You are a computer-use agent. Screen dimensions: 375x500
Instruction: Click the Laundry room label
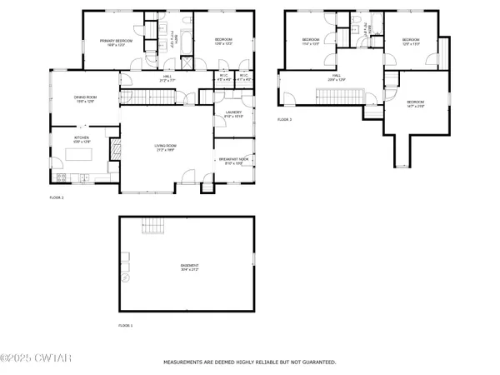tap(234, 116)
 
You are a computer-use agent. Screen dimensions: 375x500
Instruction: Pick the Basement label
tap(189, 268)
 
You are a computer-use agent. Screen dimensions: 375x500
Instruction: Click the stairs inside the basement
tap(152, 226)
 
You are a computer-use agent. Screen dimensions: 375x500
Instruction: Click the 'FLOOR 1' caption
tap(125, 325)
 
